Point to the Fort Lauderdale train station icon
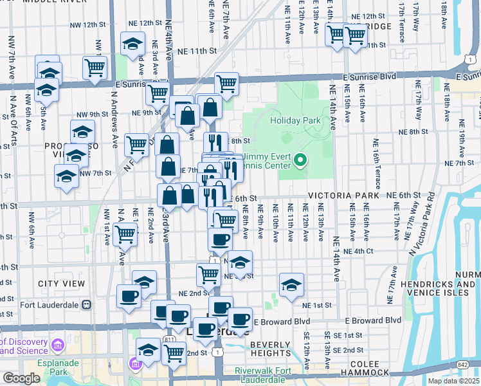tap(86, 305)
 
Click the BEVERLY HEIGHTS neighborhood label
tap(271, 349)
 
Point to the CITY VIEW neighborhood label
tap(62, 284)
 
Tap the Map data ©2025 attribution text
tap(453, 381)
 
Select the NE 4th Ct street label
tap(358, 251)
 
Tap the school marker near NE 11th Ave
tap(291, 284)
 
